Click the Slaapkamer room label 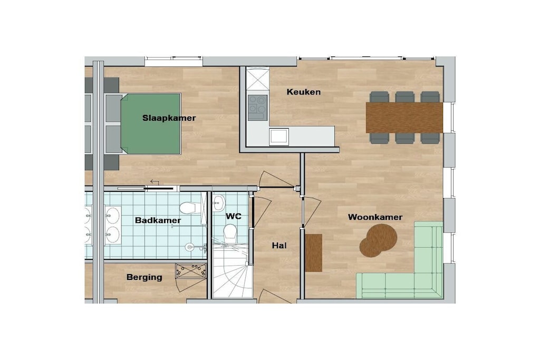169,118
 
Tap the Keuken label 303,92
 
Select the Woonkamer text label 375,217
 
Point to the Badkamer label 158,220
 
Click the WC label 234,216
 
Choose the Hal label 279,246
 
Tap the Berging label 144,277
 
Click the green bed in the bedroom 150,123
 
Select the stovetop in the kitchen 257,108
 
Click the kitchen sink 279,137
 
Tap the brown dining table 404,118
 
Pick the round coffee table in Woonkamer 379,240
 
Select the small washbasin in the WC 219,203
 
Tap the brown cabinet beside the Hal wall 313,253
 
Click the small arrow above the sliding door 155,182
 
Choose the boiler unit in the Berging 191,271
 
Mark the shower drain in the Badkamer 189,247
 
